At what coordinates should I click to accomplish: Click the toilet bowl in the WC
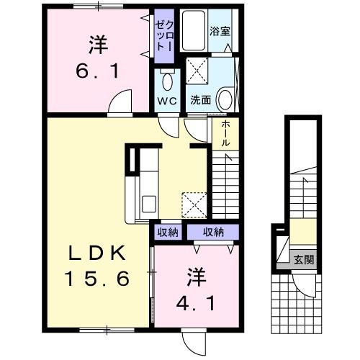167,80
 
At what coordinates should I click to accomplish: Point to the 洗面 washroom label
201,101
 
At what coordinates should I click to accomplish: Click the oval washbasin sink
225,98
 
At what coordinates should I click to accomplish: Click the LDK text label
98,253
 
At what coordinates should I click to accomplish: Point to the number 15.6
99,277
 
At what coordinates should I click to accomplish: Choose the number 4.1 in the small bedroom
194,298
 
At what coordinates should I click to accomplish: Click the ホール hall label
225,133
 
